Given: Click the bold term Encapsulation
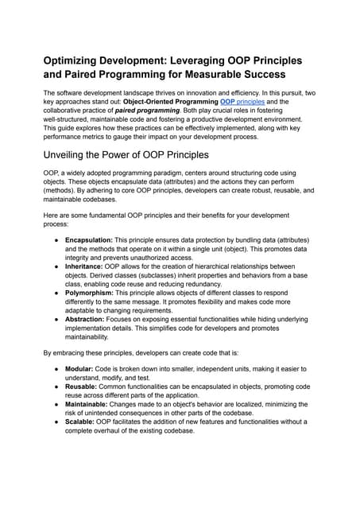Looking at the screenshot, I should pos(90,239).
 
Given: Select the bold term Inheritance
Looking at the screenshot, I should pos(86,266).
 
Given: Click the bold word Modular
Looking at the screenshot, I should pos(82,370).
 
